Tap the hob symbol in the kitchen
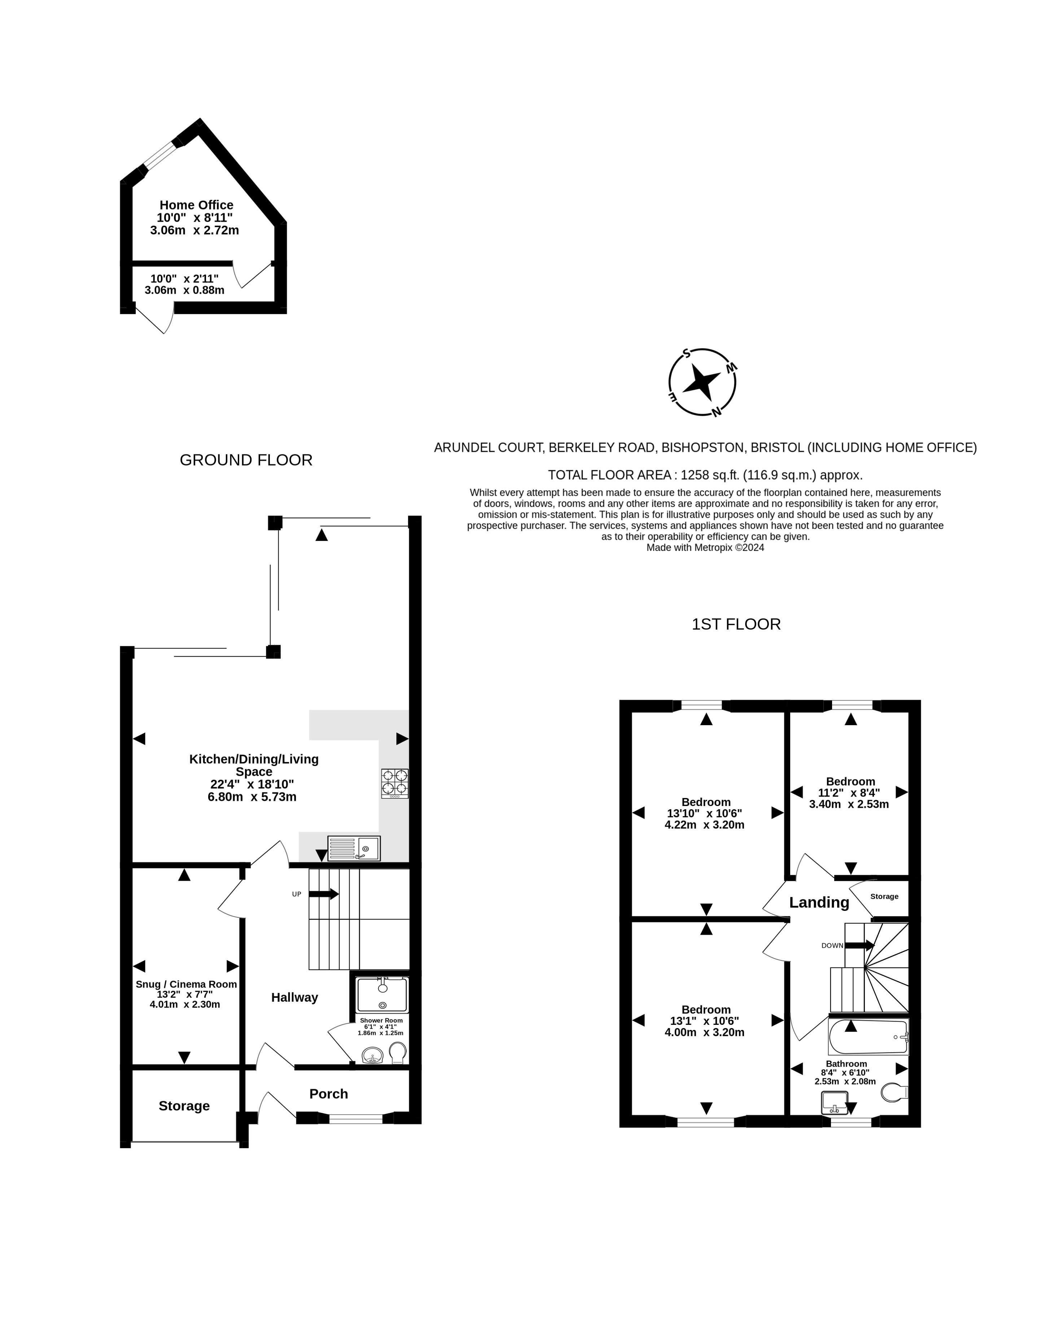pyautogui.click(x=394, y=783)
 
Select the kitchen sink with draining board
pyautogui.click(x=354, y=848)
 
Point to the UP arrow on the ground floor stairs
pyautogui.click(x=324, y=894)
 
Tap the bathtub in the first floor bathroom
pyautogui.click(x=869, y=1037)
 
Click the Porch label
pyautogui.click(x=329, y=1094)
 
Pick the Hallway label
pyautogui.click(x=294, y=998)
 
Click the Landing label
pyautogui.click(x=819, y=903)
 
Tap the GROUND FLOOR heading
pyautogui.click(x=246, y=460)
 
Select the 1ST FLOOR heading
pyautogui.click(x=736, y=624)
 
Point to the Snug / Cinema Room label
pyautogui.click(x=186, y=984)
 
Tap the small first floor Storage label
pyautogui.click(x=884, y=896)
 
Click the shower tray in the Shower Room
pyautogui.click(x=382, y=995)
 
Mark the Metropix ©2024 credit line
pyautogui.click(x=705, y=547)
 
